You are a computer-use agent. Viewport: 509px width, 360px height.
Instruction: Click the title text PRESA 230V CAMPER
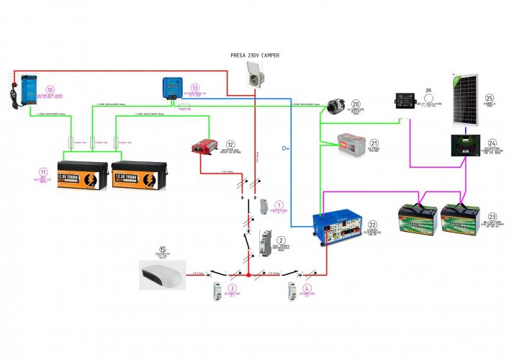point(253,56)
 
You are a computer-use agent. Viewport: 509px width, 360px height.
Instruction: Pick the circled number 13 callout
point(194,87)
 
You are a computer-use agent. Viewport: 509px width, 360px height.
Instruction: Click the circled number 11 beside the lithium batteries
point(43,172)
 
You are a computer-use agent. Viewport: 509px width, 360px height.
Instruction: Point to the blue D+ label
point(287,150)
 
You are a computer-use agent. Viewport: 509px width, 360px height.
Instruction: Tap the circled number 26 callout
point(428,91)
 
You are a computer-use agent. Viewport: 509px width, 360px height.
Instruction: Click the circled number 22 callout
point(372,225)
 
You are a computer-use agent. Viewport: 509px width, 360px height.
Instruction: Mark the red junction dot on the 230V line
point(249,274)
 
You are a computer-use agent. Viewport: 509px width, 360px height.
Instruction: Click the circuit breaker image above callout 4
point(293,292)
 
